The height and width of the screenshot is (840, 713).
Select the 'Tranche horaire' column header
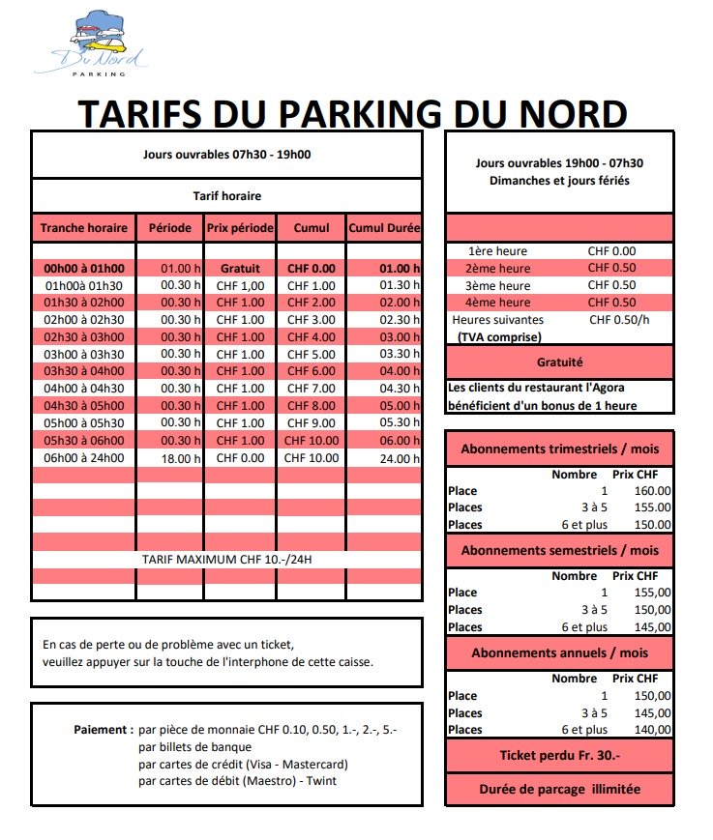pyautogui.click(x=83, y=229)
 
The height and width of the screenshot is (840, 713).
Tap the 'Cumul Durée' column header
pyautogui.click(x=384, y=229)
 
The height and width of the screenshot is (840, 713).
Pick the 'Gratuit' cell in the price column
pyautogui.click(x=241, y=268)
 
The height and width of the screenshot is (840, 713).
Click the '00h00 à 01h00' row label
pyautogui.click(x=84, y=268)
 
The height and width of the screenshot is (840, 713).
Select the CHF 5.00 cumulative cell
pyautogui.click(x=310, y=355)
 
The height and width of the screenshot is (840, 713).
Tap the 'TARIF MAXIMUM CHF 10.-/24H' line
pyautogui.click(x=226, y=560)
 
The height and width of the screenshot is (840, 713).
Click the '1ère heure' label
pyautogui.click(x=497, y=250)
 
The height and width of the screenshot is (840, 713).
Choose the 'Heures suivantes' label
pyautogui.click(x=497, y=320)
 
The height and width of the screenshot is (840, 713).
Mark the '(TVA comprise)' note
pyautogui.click(x=499, y=337)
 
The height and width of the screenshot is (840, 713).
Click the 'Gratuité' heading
pyautogui.click(x=558, y=362)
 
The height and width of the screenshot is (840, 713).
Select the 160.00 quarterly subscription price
pyautogui.click(x=651, y=490)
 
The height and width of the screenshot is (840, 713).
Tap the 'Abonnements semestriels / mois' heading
pyautogui.click(x=558, y=550)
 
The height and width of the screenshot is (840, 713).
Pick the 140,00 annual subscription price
pyautogui.click(x=651, y=730)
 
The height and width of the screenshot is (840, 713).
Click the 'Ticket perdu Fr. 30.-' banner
pyautogui.click(x=558, y=755)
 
